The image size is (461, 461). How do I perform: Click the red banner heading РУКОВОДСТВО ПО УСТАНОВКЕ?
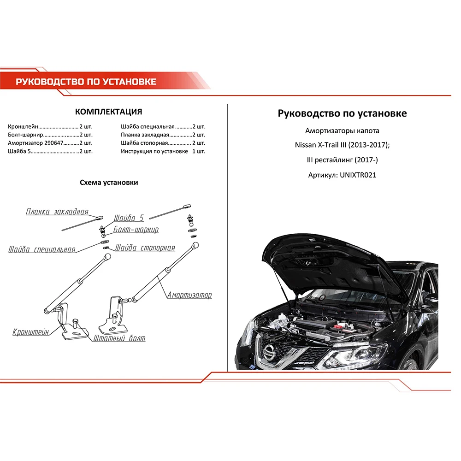click(x=86, y=82)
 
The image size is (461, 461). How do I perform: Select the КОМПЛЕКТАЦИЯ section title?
click(x=108, y=112)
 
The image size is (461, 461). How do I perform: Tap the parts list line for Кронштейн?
click(x=50, y=126)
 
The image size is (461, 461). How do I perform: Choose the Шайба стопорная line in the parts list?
click(x=163, y=143)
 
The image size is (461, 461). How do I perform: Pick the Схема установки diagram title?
click(x=109, y=183)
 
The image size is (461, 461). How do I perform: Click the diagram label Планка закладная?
click(x=57, y=212)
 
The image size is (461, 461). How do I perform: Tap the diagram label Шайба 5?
click(x=129, y=218)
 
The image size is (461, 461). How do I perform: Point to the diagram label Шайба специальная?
click(x=41, y=250)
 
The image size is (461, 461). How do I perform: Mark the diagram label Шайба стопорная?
click(x=145, y=248)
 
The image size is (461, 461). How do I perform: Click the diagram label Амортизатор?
click(x=189, y=295)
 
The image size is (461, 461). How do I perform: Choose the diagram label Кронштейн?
click(x=31, y=332)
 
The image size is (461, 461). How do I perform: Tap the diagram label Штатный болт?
click(x=119, y=338)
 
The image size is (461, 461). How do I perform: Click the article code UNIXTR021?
click(x=358, y=176)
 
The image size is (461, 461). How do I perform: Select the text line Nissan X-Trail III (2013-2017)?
click(x=342, y=145)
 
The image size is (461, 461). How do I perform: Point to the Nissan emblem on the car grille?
click(x=269, y=352)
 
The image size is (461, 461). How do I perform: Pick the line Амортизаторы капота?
click(x=342, y=130)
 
